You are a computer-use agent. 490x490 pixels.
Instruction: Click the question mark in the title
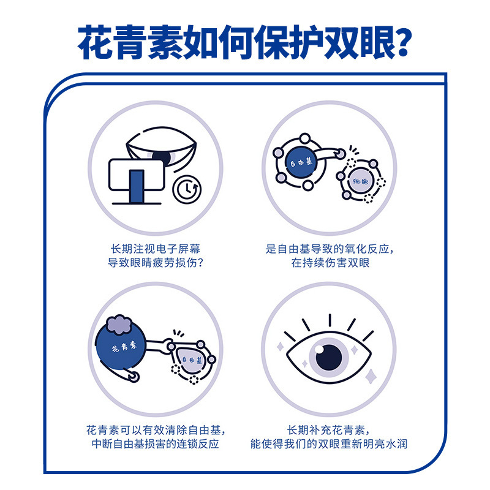(398, 41)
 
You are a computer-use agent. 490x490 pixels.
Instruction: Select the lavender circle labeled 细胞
(359, 182)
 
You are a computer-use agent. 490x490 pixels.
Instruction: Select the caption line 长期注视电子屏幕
(154, 249)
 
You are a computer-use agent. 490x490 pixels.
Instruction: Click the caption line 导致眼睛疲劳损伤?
(154, 263)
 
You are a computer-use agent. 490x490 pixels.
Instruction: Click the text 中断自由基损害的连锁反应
(154, 443)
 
